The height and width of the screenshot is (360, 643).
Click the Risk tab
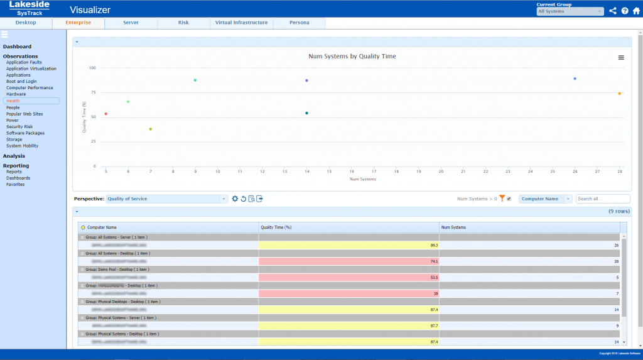[183, 23]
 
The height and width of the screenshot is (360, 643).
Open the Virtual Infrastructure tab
[241, 23]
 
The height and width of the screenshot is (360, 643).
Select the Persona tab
[299, 23]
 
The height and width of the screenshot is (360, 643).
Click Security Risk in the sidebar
[19, 127]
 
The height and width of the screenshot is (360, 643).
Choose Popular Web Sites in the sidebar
[24, 114]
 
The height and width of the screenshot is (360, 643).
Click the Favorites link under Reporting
[16, 184]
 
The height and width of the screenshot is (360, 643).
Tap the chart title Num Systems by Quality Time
[352, 57]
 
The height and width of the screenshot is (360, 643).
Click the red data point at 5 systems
[106, 114]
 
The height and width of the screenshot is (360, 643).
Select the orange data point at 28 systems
[619, 94]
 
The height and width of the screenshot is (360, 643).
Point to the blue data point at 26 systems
[575, 79]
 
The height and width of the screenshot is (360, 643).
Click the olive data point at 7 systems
[151, 129]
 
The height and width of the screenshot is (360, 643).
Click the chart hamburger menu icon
[621, 57]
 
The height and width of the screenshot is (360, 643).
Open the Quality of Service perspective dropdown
[167, 199]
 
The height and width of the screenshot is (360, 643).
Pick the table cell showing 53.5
[348, 277]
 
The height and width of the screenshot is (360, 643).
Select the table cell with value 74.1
[348, 261]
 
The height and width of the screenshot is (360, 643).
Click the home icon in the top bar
[636, 11]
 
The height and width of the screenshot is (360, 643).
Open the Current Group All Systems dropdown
[570, 11]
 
